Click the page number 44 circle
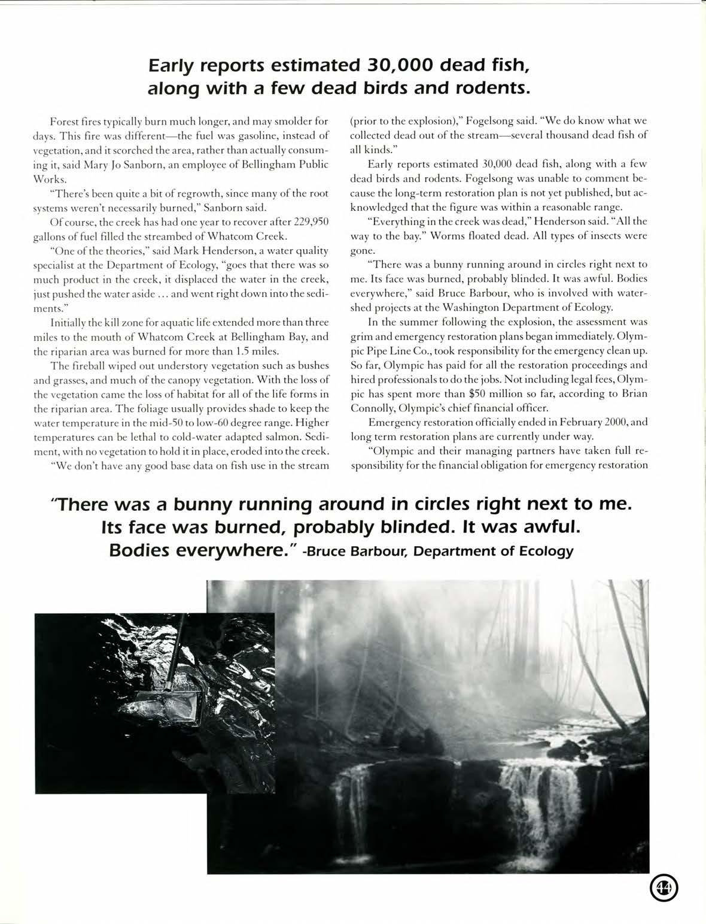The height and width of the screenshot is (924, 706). pyautogui.click(x=664, y=888)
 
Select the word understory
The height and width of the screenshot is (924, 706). pyautogui.click(x=176, y=365)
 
